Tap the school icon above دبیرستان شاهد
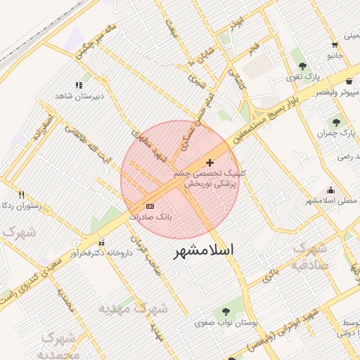(x=78, y=85)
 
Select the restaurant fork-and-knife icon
(x=21, y=195)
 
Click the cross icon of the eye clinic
(x=210, y=162)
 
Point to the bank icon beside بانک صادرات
(x=150, y=206)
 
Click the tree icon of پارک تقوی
(x=302, y=65)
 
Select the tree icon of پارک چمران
(x=335, y=122)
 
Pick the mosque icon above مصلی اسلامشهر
(x=330, y=189)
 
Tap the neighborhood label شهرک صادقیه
(x=310, y=256)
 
